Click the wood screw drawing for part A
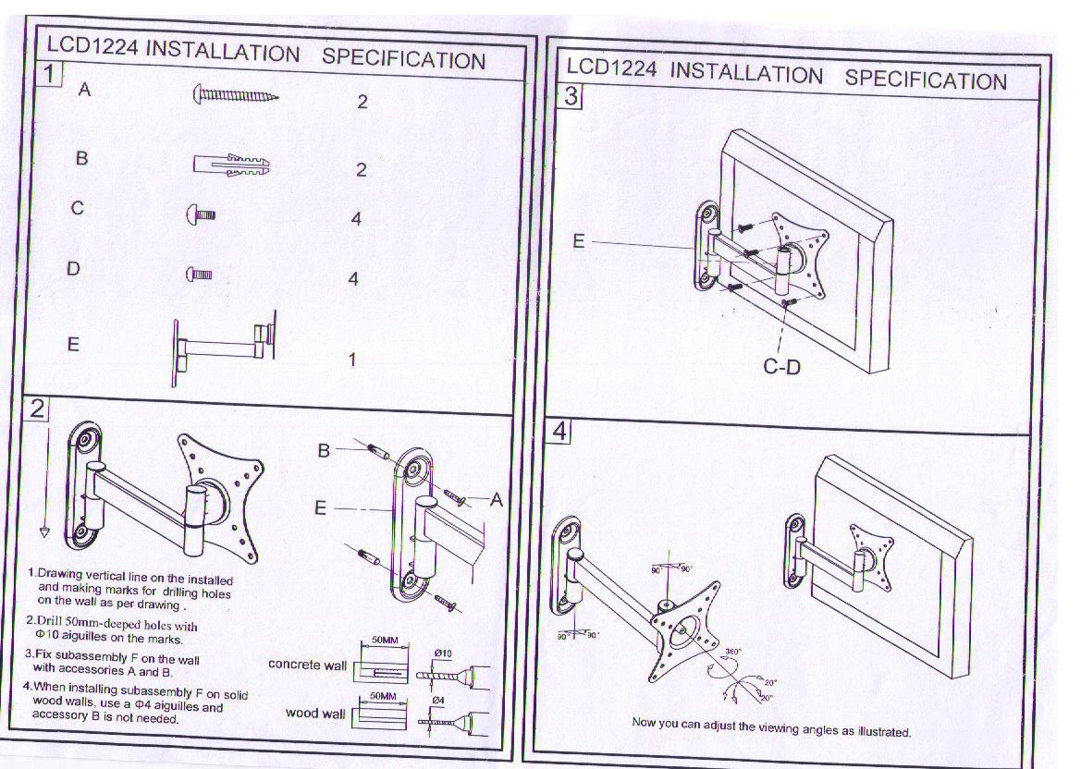tap(235, 94)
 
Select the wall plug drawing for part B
tap(231, 165)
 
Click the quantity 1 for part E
tap(352, 360)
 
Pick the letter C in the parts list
tap(78, 209)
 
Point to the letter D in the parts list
tap(74, 268)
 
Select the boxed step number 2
tap(37, 409)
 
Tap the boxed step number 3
tap(571, 95)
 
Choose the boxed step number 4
tap(561, 432)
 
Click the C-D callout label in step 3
tap(781, 367)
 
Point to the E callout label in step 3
tap(579, 241)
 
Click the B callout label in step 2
tap(324, 450)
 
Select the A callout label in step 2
tap(496, 500)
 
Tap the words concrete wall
tap(307, 665)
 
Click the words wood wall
tap(314, 714)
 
